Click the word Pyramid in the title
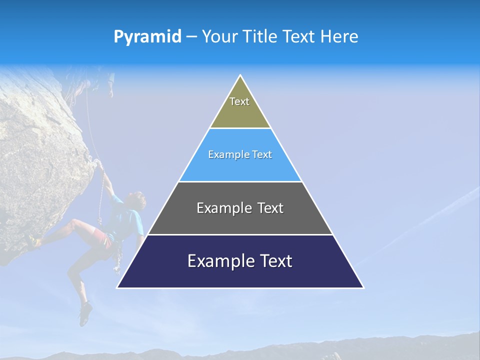147,36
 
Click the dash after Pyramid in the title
191,37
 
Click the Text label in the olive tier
239,101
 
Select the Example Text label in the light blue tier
240,154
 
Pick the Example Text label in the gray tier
240,208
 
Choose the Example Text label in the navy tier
240,261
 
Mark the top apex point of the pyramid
240,75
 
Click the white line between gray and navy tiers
240,234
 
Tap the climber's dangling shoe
85,314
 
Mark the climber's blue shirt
127,220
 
